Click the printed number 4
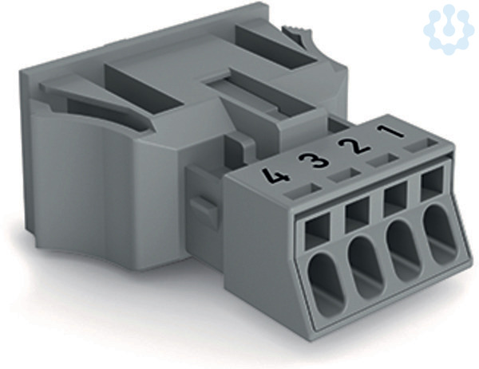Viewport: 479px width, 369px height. point(276,176)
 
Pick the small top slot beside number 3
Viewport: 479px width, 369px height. point(343,175)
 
